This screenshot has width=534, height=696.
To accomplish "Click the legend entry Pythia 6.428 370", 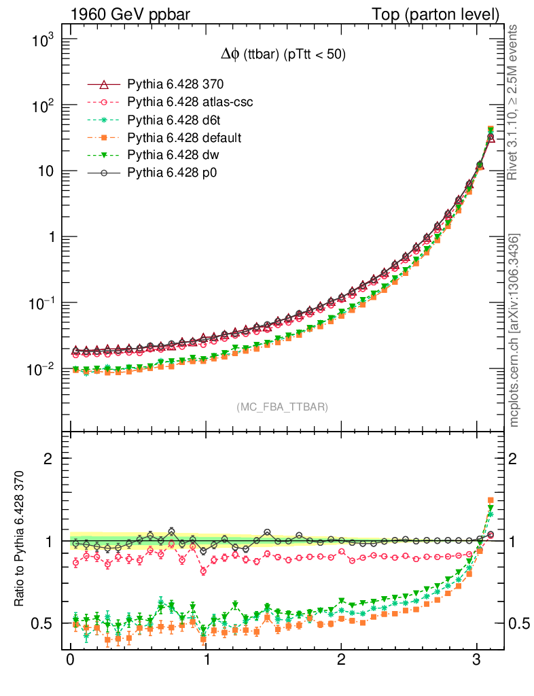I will [x=175, y=85].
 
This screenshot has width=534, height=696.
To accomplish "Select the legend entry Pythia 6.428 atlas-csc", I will [x=190, y=103].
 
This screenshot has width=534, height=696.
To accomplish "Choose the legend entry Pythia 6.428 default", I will [x=184, y=138].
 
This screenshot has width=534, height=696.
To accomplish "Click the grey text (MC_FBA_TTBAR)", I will [x=283, y=407].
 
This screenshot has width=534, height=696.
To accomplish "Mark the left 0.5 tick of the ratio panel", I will [x=46, y=624].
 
